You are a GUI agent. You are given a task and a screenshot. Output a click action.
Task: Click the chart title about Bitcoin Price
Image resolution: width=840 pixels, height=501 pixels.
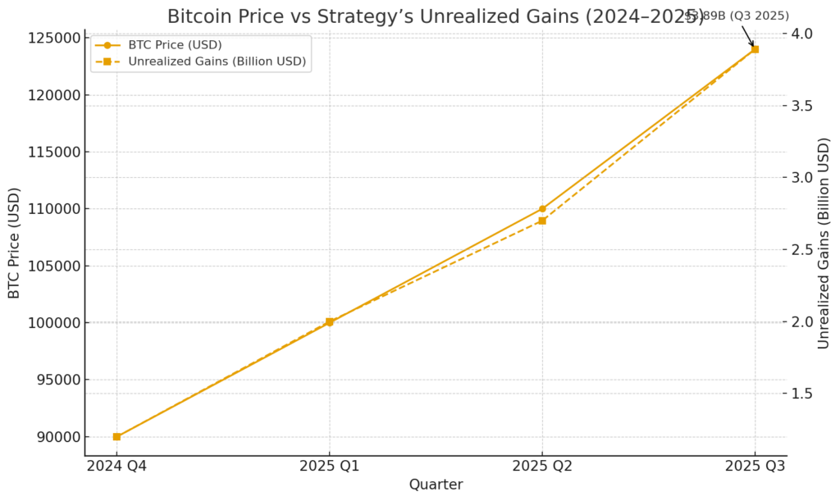pyautogui.click(x=435, y=16)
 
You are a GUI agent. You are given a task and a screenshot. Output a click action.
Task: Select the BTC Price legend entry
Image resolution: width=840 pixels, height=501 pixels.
pyautogui.click(x=176, y=45)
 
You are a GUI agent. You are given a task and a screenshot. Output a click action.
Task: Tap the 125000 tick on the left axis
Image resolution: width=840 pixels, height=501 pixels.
pyautogui.click(x=57, y=38)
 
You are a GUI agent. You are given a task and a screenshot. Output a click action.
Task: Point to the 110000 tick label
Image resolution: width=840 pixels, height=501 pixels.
pyautogui.click(x=57, y=209)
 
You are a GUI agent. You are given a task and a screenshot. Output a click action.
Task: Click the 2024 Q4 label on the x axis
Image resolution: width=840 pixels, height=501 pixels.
pyautogui.click(x=116, y=467)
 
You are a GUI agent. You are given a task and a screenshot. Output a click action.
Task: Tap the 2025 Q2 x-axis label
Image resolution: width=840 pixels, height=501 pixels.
pyautogui.click(x=542, y=467)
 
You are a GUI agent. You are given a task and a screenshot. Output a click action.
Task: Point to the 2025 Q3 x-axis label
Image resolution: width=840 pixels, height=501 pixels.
pyautogui.click(x=755, y=467)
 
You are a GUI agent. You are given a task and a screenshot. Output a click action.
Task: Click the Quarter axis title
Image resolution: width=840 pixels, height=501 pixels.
pyautogui.click(x=436, y=485)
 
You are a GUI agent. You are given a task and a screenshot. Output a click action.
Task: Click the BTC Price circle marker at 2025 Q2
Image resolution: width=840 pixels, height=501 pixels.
pyautogui.click(x=542, y=209)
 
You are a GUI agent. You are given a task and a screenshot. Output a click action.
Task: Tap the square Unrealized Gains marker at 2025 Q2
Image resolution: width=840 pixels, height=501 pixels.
pyautogui.click(x=542, y=221)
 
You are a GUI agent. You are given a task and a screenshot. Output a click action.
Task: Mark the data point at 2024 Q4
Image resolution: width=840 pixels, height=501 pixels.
pyautogui.click(x=116, y=436)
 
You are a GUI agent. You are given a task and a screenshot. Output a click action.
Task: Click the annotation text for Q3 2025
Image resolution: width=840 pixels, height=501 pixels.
pyautogui.click(x=737, y=16)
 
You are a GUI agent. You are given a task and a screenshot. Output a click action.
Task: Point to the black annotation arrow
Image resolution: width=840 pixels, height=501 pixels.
pyautogui.click(x=747, y=35)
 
